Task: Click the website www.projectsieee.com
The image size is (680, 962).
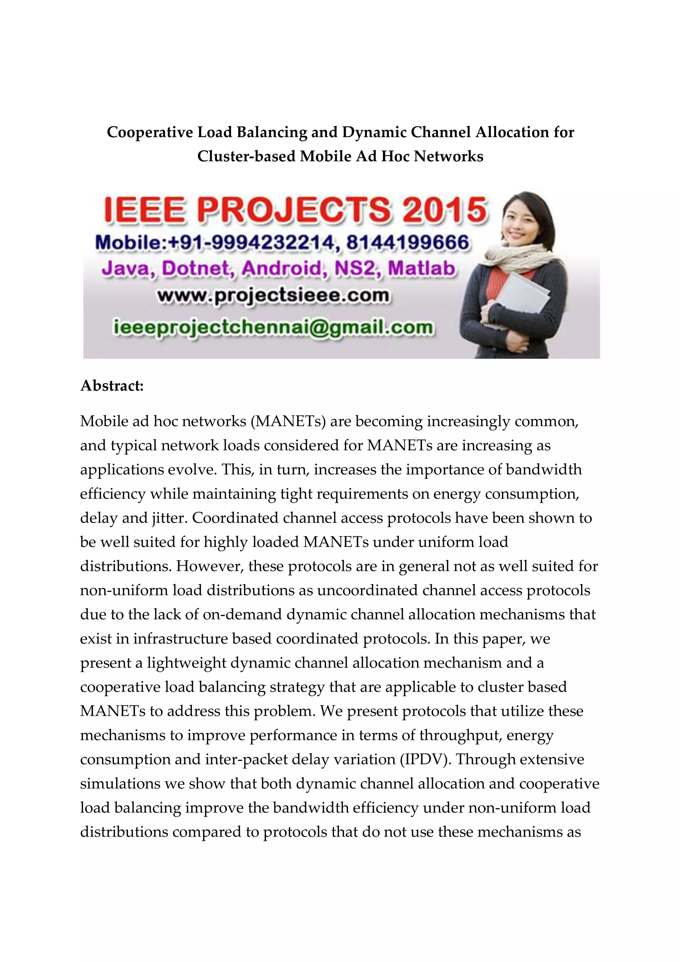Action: coord(273,296)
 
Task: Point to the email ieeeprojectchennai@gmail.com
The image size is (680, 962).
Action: coord(273,327)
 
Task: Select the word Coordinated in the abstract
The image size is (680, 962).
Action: coord(235,518)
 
